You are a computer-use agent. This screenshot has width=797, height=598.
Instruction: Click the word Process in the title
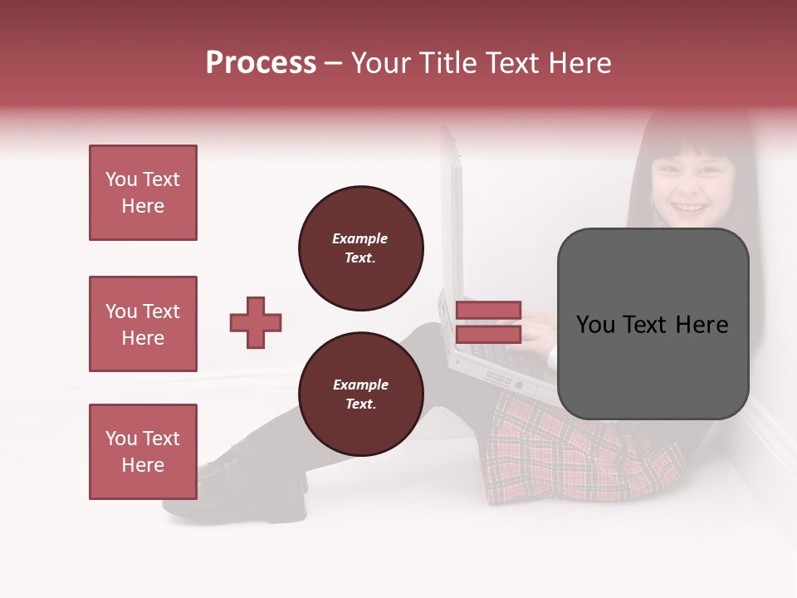tap(261, 63)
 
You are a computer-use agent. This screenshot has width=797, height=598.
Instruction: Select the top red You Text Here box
tap(143, 193)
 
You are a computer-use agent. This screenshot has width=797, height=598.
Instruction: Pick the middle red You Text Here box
tap(143, 324)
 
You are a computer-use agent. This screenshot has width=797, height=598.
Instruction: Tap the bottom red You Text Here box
tap(143, 452)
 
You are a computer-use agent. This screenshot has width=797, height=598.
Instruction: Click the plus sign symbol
tap(256, 322)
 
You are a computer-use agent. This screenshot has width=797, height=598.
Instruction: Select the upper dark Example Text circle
tap(360, 248)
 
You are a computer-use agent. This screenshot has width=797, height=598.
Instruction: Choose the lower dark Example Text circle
tap(360, 395)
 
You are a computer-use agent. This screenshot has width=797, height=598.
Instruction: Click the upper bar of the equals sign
tap(489, 311)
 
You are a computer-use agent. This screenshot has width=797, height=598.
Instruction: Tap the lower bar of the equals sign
tap(489, 334)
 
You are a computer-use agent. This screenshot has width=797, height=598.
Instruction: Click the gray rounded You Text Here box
tap(653, 324)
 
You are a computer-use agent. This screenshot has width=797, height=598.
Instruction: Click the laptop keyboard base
tap(498, 365)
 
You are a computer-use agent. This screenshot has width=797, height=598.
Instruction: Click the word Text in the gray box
tap(649, 325)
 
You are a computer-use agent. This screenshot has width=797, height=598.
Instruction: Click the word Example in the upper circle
tap(360, 238)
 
